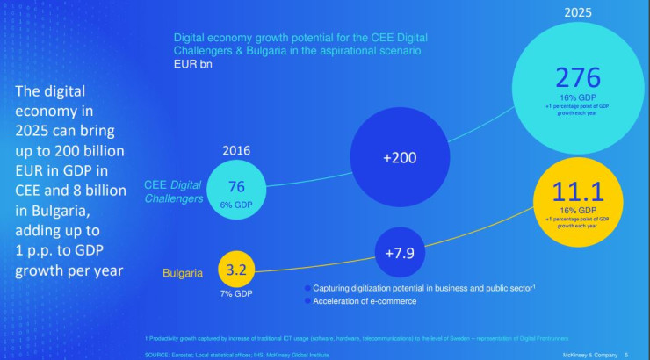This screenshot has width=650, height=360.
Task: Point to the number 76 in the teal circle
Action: click(x=236, y=186)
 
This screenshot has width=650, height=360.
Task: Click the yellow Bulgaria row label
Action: click(x=183, y=273)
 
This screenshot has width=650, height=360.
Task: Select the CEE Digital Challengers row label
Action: click(x=174, y=191)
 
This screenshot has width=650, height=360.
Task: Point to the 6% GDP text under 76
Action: click(x=236, y=204)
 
